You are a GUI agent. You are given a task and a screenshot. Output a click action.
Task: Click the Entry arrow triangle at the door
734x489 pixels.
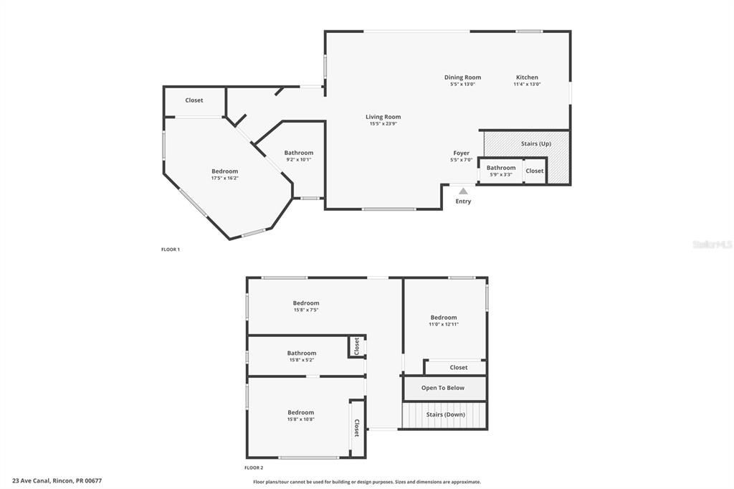[463, 191]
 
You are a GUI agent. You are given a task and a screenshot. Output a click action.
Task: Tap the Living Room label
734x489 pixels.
[383, 117]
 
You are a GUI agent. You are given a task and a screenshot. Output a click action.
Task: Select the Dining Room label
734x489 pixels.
[462, 77]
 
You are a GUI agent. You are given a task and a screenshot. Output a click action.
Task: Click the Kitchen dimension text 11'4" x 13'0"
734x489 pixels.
[527, 85]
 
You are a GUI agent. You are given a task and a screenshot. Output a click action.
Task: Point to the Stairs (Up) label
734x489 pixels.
[536, 143]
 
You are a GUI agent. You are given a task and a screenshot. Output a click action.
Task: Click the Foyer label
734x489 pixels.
[462, 153]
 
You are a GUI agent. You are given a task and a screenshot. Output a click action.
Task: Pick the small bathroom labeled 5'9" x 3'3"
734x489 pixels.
[501, 171]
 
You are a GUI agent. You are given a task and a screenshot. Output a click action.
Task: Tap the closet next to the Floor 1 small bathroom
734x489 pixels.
[535, 171]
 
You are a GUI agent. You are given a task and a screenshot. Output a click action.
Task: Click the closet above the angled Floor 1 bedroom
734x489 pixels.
[194, 100]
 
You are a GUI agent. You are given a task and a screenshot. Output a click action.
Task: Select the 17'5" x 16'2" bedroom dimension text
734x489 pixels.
[224, 179]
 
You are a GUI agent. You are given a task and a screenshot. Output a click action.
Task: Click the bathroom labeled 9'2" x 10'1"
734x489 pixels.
[298, 156]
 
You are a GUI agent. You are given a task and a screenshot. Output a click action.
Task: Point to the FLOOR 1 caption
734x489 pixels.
[171, 250]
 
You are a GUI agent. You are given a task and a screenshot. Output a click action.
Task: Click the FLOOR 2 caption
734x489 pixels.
[254, 467]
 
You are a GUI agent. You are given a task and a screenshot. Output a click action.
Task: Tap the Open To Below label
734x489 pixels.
[443, 388]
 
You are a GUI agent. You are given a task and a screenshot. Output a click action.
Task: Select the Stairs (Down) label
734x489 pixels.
[446, 414]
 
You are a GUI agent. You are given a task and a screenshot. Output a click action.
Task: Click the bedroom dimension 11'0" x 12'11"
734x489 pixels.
[443, 324]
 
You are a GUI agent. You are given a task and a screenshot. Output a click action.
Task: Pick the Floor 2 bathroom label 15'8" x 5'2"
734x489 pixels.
[302, 360]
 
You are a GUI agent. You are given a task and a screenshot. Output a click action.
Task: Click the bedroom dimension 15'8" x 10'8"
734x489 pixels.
[301, 419]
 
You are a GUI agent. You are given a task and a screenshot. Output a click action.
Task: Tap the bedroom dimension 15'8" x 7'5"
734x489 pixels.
[306, 310]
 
